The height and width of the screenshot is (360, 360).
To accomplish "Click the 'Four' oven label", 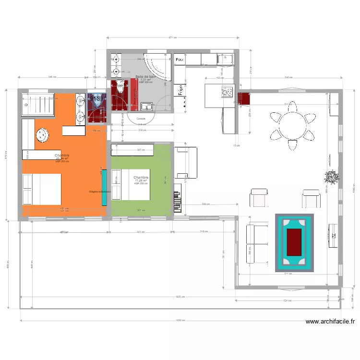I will click(180, 60).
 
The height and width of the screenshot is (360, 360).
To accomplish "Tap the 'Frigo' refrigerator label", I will click(181, 90).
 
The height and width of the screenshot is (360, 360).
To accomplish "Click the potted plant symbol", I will click(332, 177).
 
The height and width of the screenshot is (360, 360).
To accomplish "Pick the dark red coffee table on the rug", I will click(294, 242).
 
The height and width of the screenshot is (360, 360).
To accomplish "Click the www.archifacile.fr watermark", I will click(330, 323).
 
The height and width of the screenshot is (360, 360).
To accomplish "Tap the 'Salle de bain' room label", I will click(145, 77).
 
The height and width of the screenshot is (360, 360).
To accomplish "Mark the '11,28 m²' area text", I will click(141, 180).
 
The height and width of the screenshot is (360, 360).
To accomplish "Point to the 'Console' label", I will click(141, 119).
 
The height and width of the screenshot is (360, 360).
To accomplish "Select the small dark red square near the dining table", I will click(244, 98).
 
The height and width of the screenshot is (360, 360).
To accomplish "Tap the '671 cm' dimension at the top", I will click(172, 37).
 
